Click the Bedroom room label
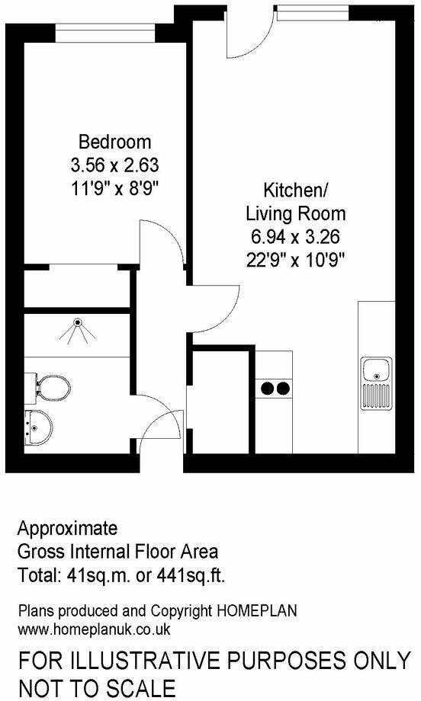pos(115,142)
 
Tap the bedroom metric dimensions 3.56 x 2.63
pos(115,163)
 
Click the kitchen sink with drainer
pos(377,381)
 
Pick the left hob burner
pos(268,389)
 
